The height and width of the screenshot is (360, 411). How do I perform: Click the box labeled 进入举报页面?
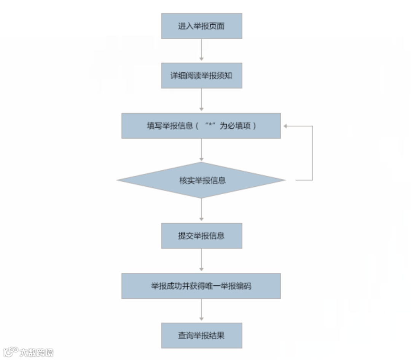201,26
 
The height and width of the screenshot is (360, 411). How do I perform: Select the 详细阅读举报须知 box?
201,75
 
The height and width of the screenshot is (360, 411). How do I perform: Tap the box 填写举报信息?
201,126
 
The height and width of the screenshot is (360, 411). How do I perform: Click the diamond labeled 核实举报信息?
201,180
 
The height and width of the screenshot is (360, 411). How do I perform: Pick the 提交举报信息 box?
201,236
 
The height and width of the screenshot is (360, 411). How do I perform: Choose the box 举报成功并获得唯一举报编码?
201,286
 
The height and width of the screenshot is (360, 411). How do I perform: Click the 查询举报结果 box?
201,336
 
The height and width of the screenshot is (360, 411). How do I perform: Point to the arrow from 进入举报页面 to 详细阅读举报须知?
201,50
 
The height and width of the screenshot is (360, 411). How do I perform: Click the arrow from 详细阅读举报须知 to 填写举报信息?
201,100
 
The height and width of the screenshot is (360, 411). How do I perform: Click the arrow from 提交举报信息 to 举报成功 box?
201,261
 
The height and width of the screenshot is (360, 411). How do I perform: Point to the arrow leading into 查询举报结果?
201,310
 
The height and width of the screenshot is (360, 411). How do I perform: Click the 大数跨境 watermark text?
37,352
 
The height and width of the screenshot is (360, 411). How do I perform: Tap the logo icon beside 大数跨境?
11,352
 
